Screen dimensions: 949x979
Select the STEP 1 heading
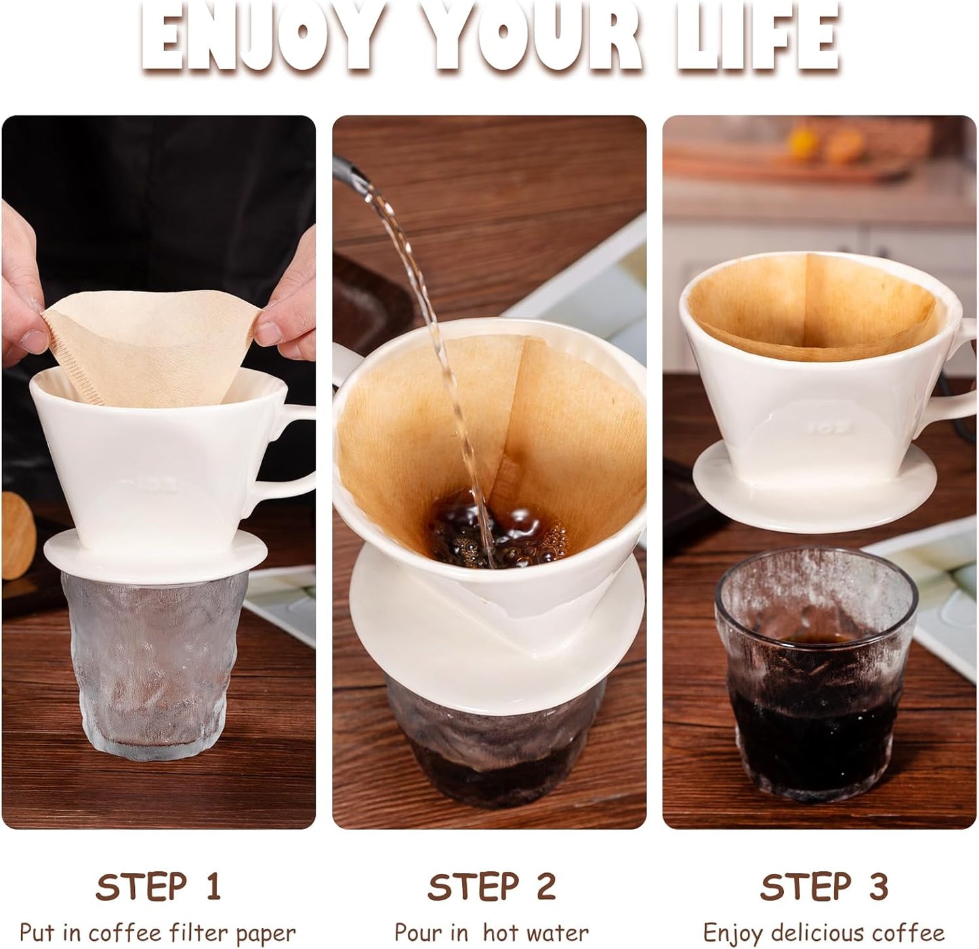(x=159, y=886)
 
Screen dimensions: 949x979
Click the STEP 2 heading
(x=491, y=886)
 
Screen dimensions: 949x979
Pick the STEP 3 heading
(x=823, y=886)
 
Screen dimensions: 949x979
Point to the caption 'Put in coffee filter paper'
(x=157, y=933)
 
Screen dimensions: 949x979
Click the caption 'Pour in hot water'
(x=491, y=933)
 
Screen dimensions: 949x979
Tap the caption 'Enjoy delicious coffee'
(x=823, y=933)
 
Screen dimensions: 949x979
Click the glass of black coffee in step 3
(x=816, y=684)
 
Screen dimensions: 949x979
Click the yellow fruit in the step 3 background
(x=804, y=142)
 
